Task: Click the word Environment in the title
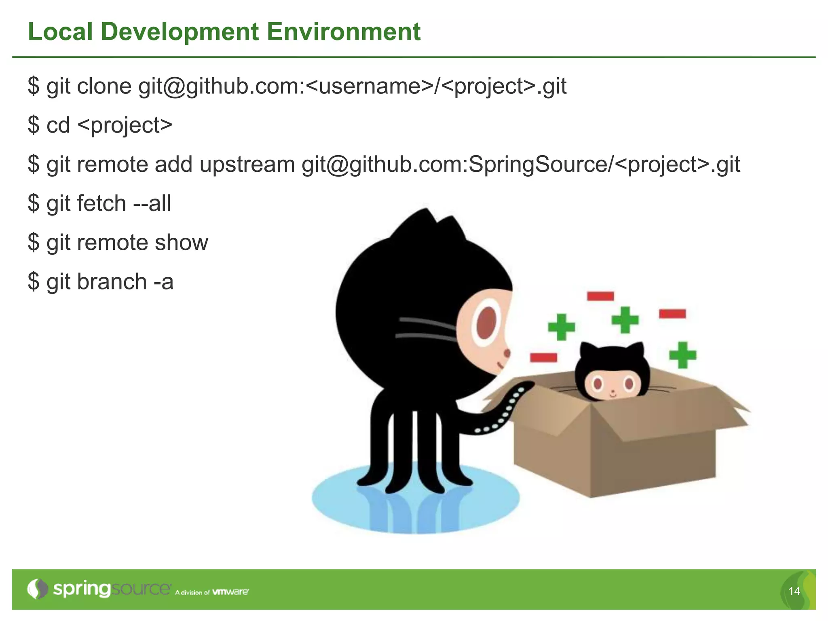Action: pos(344,32)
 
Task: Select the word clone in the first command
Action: pos(104,86)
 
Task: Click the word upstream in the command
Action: pos(247,165)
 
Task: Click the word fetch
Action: pos(101,203)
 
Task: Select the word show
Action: pos(182,242)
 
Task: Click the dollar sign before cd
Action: pos(34,125)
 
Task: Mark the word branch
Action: pos(112,281)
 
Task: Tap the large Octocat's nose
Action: pos(507,354)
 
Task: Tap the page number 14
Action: pos(794,591)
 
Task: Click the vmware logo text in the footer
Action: pos(230,591)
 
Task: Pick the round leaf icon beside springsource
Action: pos(38,589)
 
